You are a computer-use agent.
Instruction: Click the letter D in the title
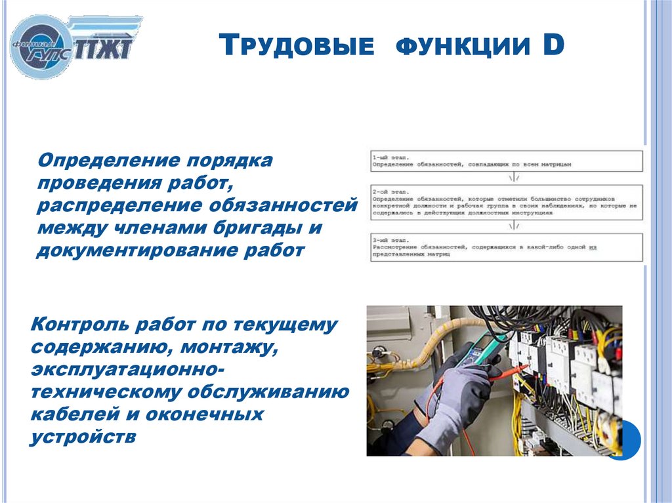(553, 46)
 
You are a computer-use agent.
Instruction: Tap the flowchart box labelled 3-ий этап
(506, 248)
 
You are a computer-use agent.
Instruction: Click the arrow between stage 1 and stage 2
(515, 178)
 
